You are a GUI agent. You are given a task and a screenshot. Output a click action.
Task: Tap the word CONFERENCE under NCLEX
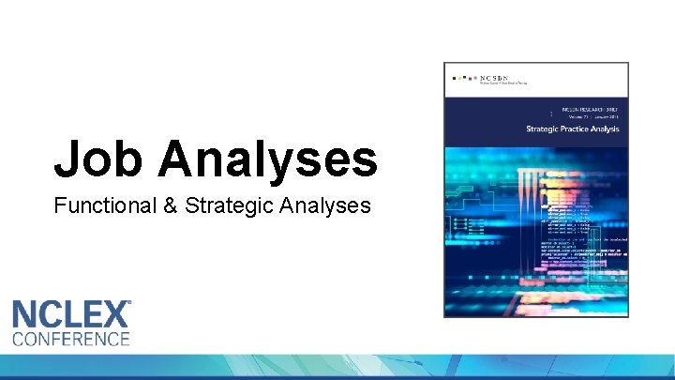[x=71, y=339]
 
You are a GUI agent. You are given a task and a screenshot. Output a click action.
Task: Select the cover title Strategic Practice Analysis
[x=572, y=129]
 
